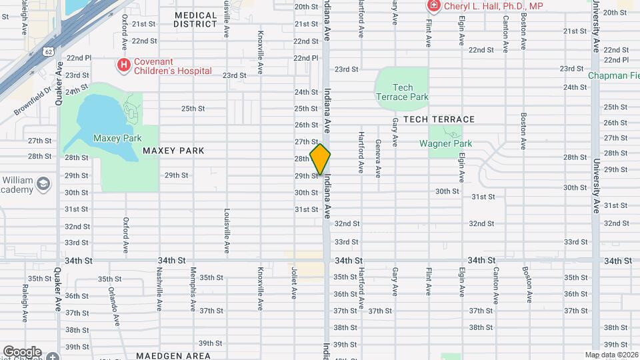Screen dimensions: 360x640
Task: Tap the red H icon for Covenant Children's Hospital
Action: [123, 65]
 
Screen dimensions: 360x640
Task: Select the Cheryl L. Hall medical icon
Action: [433, 6]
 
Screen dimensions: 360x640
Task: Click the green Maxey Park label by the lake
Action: [117, 138]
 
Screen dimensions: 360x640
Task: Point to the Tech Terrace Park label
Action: [403, 92]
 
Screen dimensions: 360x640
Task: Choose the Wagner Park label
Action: [445, 143]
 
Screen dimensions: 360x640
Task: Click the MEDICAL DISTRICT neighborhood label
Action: [195, 19]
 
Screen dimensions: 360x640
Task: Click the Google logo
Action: [22, 351]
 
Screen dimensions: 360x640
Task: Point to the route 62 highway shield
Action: [48, 51]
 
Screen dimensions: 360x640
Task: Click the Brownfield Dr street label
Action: [33, 101]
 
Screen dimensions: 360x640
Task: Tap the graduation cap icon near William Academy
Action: [44, 183]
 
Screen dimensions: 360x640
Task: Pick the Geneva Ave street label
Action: [378, 158]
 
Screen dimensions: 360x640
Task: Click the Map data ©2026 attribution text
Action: [611, 355]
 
